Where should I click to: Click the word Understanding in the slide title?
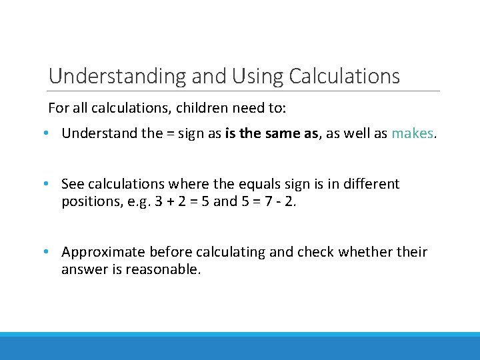[x=117, y=77]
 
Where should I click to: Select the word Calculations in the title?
[x=344, y=77]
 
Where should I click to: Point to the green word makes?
[x=412, y=133]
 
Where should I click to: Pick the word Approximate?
[x=103, y=252]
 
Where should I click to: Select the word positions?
[x=88, y=201]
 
